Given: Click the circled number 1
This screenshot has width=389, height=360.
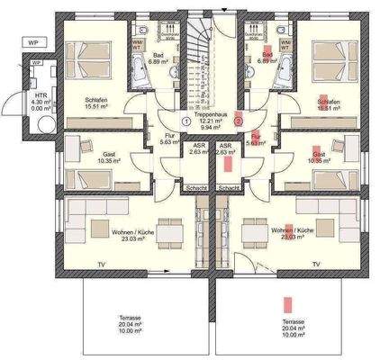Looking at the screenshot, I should (185, 119).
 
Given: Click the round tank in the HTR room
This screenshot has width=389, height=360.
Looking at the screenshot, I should (37, 94).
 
